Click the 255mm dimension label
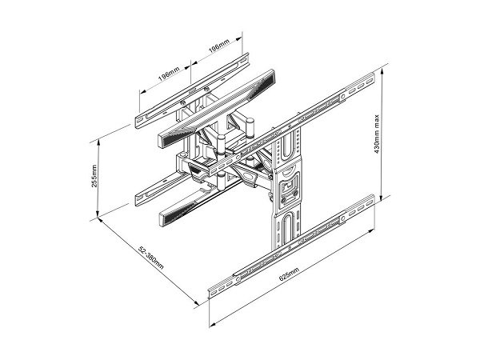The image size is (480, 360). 94,176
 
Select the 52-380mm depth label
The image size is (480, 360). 151,257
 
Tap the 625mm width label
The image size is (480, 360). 289,274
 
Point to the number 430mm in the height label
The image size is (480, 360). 377,142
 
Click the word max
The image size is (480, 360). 377,121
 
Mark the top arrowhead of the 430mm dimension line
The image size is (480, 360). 382,71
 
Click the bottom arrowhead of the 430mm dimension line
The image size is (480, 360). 382,198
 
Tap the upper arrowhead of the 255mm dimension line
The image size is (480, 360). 98,142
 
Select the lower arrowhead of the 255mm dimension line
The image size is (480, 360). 98,214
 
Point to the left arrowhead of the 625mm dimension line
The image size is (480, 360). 213,324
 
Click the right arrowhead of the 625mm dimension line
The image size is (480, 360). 371,232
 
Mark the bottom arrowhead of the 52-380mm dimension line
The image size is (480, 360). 196,302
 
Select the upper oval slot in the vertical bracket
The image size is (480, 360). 287,146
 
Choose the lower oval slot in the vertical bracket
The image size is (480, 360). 287,227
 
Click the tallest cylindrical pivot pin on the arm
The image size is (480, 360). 250,128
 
